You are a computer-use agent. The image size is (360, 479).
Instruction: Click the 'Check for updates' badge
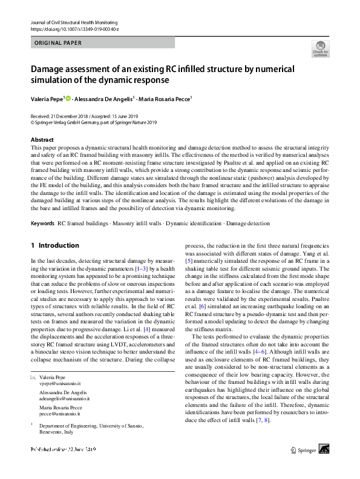tap(320, 48)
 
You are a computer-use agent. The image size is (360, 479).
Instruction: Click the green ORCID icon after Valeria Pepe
tap(68, 97)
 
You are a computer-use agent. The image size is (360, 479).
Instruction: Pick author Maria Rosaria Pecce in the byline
tap(165, 98)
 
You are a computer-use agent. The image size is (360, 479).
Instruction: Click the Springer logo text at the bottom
tap(305, 467)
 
